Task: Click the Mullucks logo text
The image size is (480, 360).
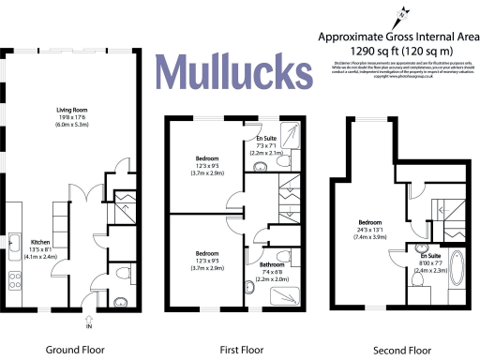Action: pos(230,71)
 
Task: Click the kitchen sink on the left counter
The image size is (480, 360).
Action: pos(16,246)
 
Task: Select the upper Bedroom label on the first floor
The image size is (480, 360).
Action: pos(206,160)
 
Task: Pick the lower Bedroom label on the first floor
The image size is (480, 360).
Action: pos(206,254)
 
